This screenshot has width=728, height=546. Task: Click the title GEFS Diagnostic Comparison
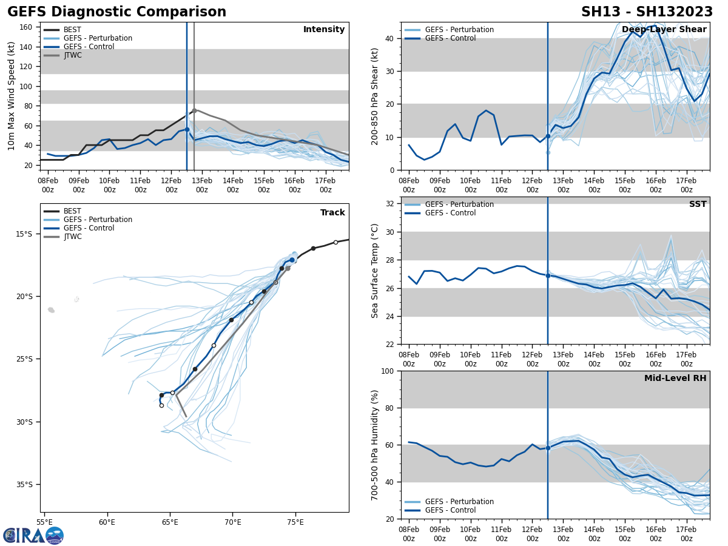[116, 12]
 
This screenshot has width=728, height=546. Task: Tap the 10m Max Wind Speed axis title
[11, 96]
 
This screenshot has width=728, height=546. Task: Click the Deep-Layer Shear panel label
[664, 30]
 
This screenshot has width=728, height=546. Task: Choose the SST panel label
[697, 204]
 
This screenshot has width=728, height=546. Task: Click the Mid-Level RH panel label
[675, 379]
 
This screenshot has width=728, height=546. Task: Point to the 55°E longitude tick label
[44, 522]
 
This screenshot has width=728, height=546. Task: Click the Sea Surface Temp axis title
[375, 271]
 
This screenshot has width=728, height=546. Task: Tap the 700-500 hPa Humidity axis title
[375, 445]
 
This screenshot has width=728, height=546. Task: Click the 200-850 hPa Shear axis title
[375, 96]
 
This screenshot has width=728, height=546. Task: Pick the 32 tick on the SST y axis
[391, 204]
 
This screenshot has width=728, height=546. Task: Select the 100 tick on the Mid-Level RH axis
[388, 371]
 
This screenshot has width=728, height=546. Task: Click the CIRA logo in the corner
[33, 535]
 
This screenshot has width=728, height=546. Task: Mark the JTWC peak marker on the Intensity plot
[194, 110]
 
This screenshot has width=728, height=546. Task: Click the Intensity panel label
[324, 30]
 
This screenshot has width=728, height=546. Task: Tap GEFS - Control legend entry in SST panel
[450, 213]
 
